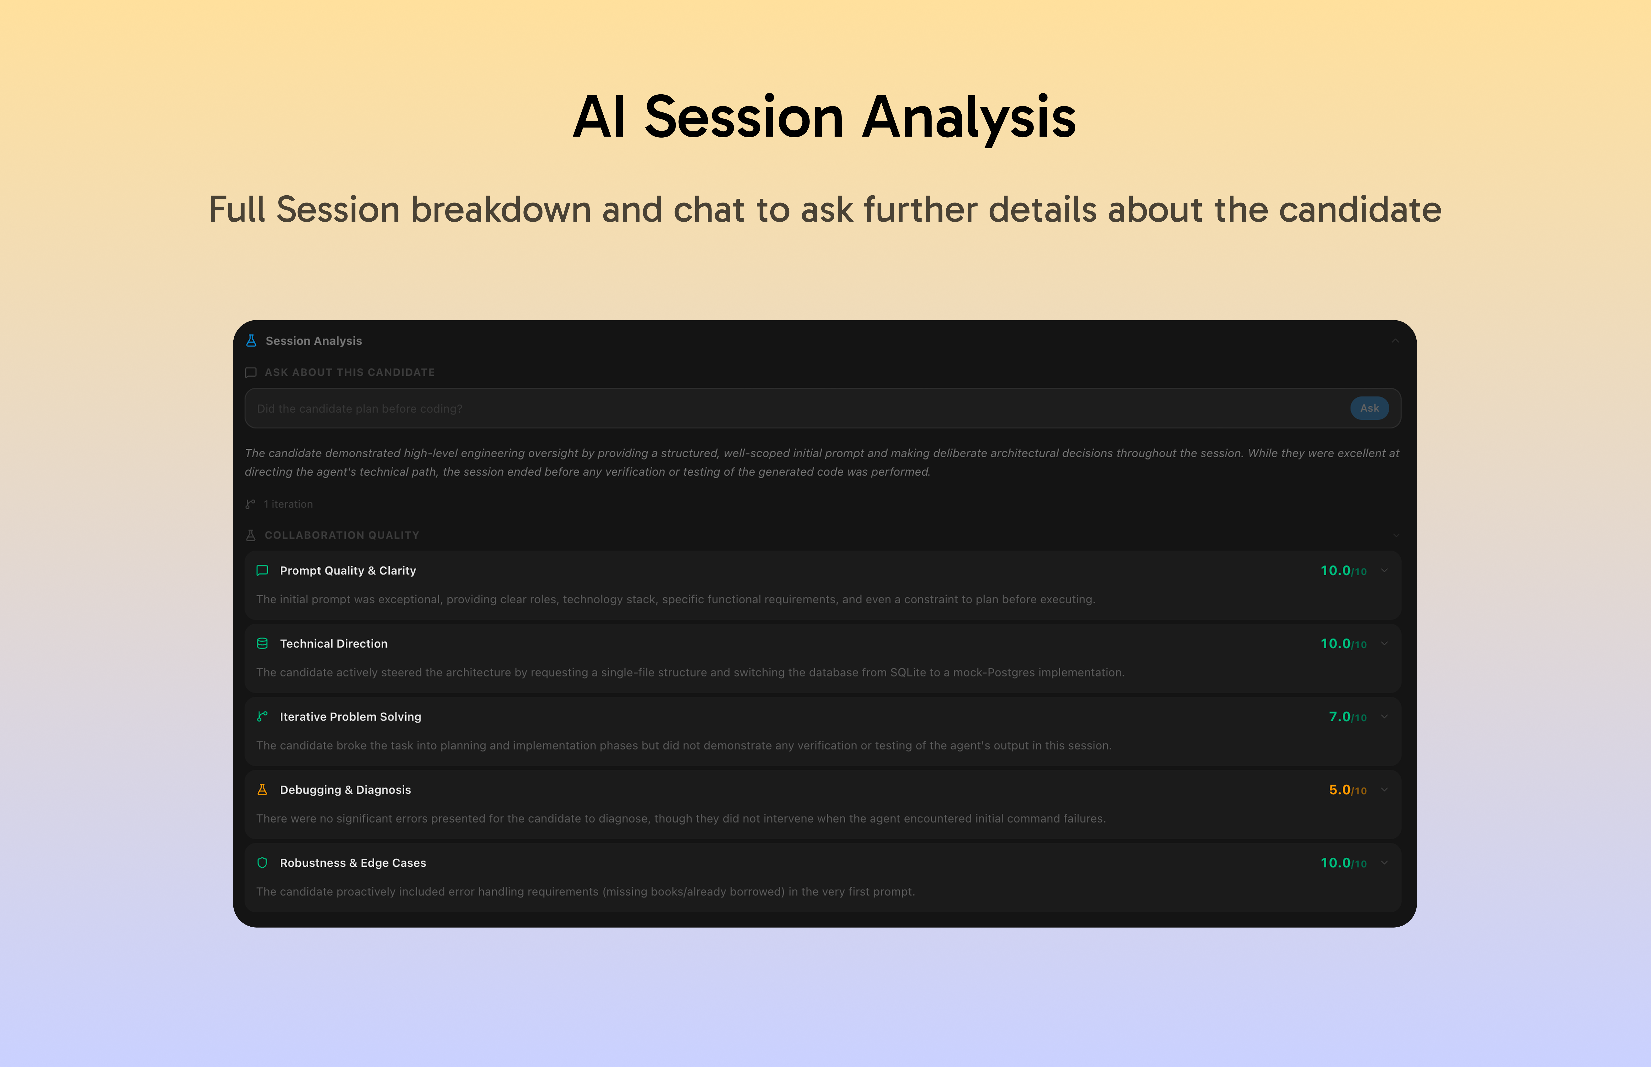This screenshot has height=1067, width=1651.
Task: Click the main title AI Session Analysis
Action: pyautogui.click(x=825, y=116)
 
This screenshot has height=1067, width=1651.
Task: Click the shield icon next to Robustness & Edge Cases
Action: pyautogui.click(x=262, y=863)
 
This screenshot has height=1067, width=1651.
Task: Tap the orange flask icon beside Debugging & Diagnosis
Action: pyautogui.click(x=262, y=790)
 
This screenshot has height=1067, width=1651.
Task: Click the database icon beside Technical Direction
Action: pyautogui.click(x=262, y=644)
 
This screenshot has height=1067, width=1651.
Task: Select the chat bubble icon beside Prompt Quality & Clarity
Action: pyautogui.click(x=262, y=570)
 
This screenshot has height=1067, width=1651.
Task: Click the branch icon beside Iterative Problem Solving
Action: pyautogui.click(x=262, y=716)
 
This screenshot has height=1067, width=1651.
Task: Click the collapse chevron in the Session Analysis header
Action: pyautogui.click(x=1395, y=341)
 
